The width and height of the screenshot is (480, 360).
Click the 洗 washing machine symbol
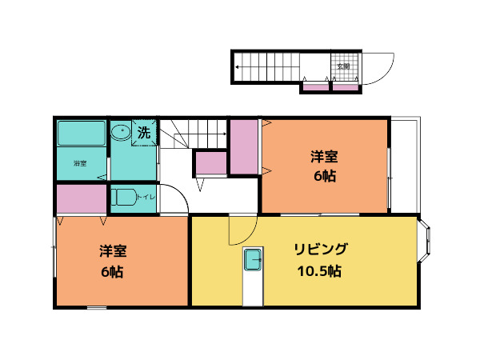coord(144,133)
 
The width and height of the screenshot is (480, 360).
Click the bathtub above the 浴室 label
coord(82,134)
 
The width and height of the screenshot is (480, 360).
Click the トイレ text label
coord(146,197)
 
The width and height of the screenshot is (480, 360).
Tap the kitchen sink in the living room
coord(253,259)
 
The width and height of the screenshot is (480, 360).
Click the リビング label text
coord(319,247)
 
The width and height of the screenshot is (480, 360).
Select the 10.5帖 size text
coord(319,271)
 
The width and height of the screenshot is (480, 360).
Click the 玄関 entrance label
coord(342,66)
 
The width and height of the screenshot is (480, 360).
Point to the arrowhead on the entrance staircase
coord(238,67)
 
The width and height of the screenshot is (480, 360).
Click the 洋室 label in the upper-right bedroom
coord(324,156)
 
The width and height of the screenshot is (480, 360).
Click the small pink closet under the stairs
coord(211,162)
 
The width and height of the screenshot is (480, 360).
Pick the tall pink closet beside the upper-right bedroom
coord(244,147)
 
